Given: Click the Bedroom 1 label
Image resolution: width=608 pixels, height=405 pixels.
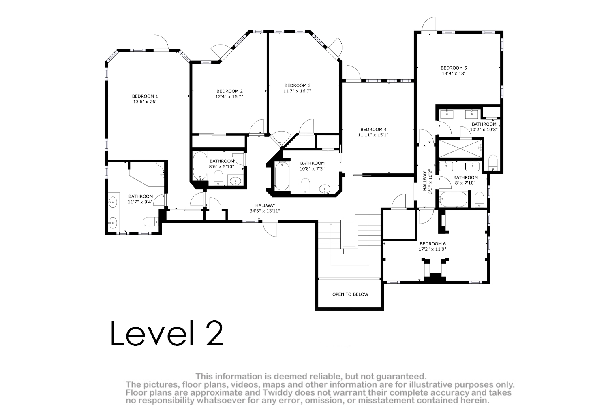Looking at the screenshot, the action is tap(145, 96).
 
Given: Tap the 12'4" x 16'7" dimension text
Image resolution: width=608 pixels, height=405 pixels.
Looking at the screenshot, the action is tap(229, 96).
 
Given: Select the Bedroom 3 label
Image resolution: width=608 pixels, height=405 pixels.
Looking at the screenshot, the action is tap(298, 85).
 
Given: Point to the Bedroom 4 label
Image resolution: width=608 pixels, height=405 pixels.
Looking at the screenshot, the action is tap(373, 130).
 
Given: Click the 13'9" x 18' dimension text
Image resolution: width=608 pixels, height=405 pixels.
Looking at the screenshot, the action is tap(454, 74).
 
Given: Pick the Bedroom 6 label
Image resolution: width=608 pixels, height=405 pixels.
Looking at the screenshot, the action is tap(432, 244).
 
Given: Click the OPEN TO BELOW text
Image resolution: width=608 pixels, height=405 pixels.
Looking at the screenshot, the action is tap(351, 294).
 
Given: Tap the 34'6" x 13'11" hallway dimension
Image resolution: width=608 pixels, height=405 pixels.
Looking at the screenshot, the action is tap(265, 211).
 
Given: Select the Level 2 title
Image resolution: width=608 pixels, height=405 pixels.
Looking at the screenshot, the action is tap(167, 333).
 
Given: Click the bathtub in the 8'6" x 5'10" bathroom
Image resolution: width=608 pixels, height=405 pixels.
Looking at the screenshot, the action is tap(200, 166).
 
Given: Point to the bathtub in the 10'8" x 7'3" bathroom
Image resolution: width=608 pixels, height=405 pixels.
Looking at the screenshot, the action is tap(282, 176).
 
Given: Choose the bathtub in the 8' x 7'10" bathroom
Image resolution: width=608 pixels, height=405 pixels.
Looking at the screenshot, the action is tap(453, 199).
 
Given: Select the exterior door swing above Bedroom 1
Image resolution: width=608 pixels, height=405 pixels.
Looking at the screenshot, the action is tap(161, 43).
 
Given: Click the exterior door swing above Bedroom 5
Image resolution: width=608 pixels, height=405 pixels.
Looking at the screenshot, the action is tap(429, 24).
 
